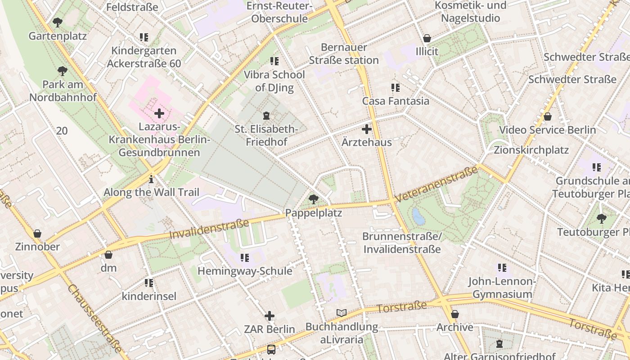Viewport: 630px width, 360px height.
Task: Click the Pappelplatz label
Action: click(314, 213)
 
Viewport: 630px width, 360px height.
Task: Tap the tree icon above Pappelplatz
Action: click(314, 198)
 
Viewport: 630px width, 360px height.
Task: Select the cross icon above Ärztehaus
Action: click(367, 129)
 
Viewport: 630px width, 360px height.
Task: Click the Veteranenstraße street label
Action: click(436, 184)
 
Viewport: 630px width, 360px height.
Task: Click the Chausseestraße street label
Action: click(95, 318)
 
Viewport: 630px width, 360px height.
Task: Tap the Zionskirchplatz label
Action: click(531, 150)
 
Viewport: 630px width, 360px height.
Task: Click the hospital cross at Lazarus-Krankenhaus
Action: click(159, 113)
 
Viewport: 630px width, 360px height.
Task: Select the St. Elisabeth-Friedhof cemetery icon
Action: click(266, 116)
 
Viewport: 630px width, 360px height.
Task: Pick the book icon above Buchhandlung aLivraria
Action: click(342, 313)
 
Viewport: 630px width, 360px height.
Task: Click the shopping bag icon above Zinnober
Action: click(37, 234)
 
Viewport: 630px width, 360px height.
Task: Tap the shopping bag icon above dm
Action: click(108, 255)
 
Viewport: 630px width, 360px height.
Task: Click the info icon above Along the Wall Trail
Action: click(151, 179)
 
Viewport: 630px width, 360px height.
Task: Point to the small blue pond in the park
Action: click(418, 216)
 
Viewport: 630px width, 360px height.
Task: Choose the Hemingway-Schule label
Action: click(245, 271)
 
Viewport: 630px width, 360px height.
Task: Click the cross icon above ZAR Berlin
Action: click(270, 316)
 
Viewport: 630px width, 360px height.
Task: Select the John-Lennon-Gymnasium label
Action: click(502, 288)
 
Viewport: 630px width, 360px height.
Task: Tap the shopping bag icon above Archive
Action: click(455, 314)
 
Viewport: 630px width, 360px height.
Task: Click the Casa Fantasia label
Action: click(396, 101)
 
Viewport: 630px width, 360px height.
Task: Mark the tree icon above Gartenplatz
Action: click(58, 22)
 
